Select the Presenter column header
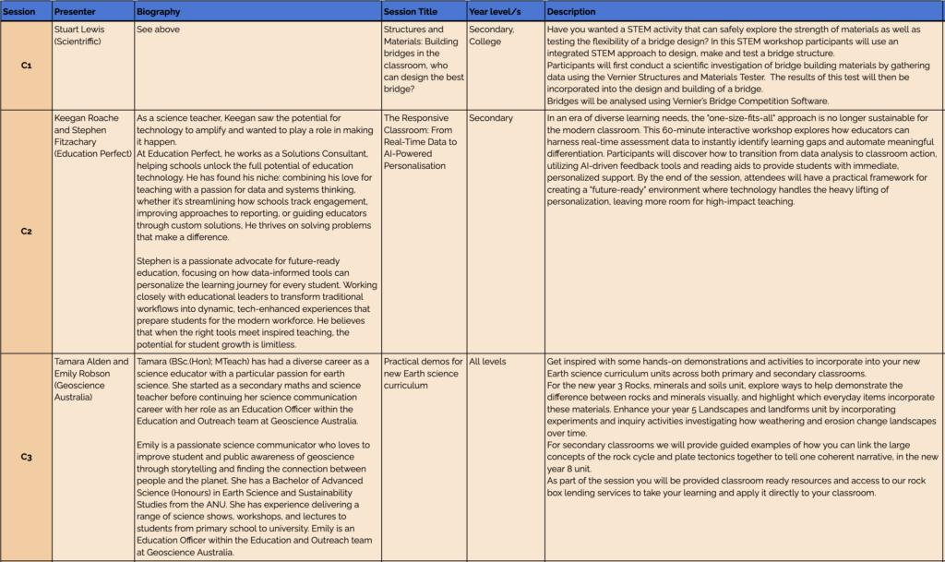click(x=74, y=11)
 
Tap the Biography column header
click(x=159, y=11)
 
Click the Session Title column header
click(x=411, y=11)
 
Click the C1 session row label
click(x=26, y=66)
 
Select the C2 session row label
click(x=26, y=231)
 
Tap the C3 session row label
click(x=26, y=456)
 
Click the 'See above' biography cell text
click(x=159, y=30)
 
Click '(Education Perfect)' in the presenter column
click(x=92, y=153)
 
